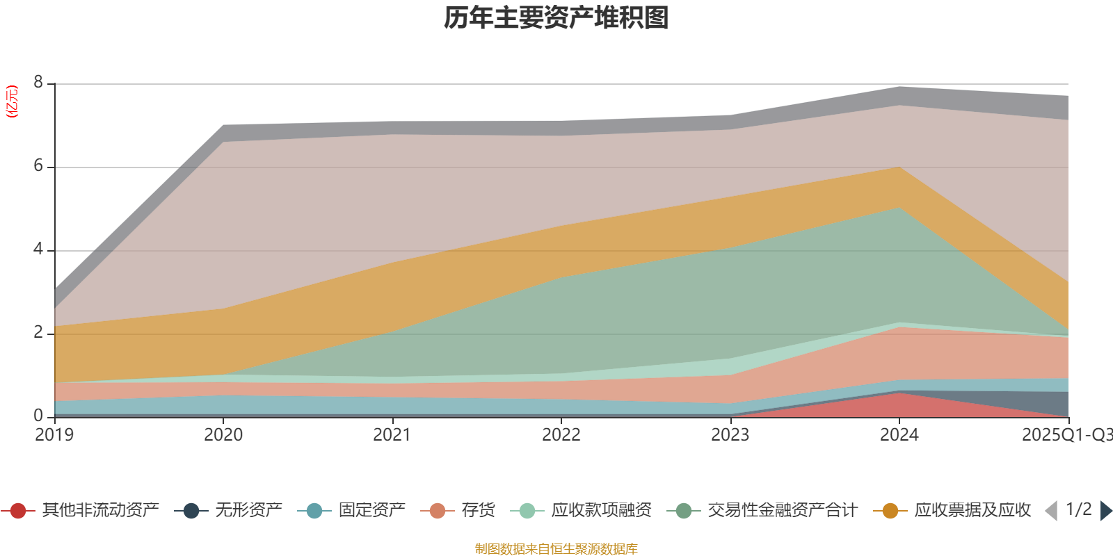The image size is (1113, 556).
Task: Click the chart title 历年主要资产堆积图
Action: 556,18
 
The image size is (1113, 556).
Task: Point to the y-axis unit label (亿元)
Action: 12,101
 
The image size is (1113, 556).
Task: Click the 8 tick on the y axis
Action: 38,83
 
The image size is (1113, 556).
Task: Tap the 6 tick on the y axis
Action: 38,166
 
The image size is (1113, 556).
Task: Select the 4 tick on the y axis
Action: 38,250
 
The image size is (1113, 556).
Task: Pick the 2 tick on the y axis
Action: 38,333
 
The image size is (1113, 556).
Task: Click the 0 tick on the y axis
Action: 38,416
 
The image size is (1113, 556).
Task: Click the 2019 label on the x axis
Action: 54,435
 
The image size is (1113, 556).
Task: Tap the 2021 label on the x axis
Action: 392,435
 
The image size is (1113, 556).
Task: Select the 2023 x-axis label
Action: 730,435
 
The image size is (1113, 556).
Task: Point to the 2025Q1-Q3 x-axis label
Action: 1066,435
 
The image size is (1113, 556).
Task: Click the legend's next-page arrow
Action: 1106,511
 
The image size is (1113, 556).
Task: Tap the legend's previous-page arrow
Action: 1051,511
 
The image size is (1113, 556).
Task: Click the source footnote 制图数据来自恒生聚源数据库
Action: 556,549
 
